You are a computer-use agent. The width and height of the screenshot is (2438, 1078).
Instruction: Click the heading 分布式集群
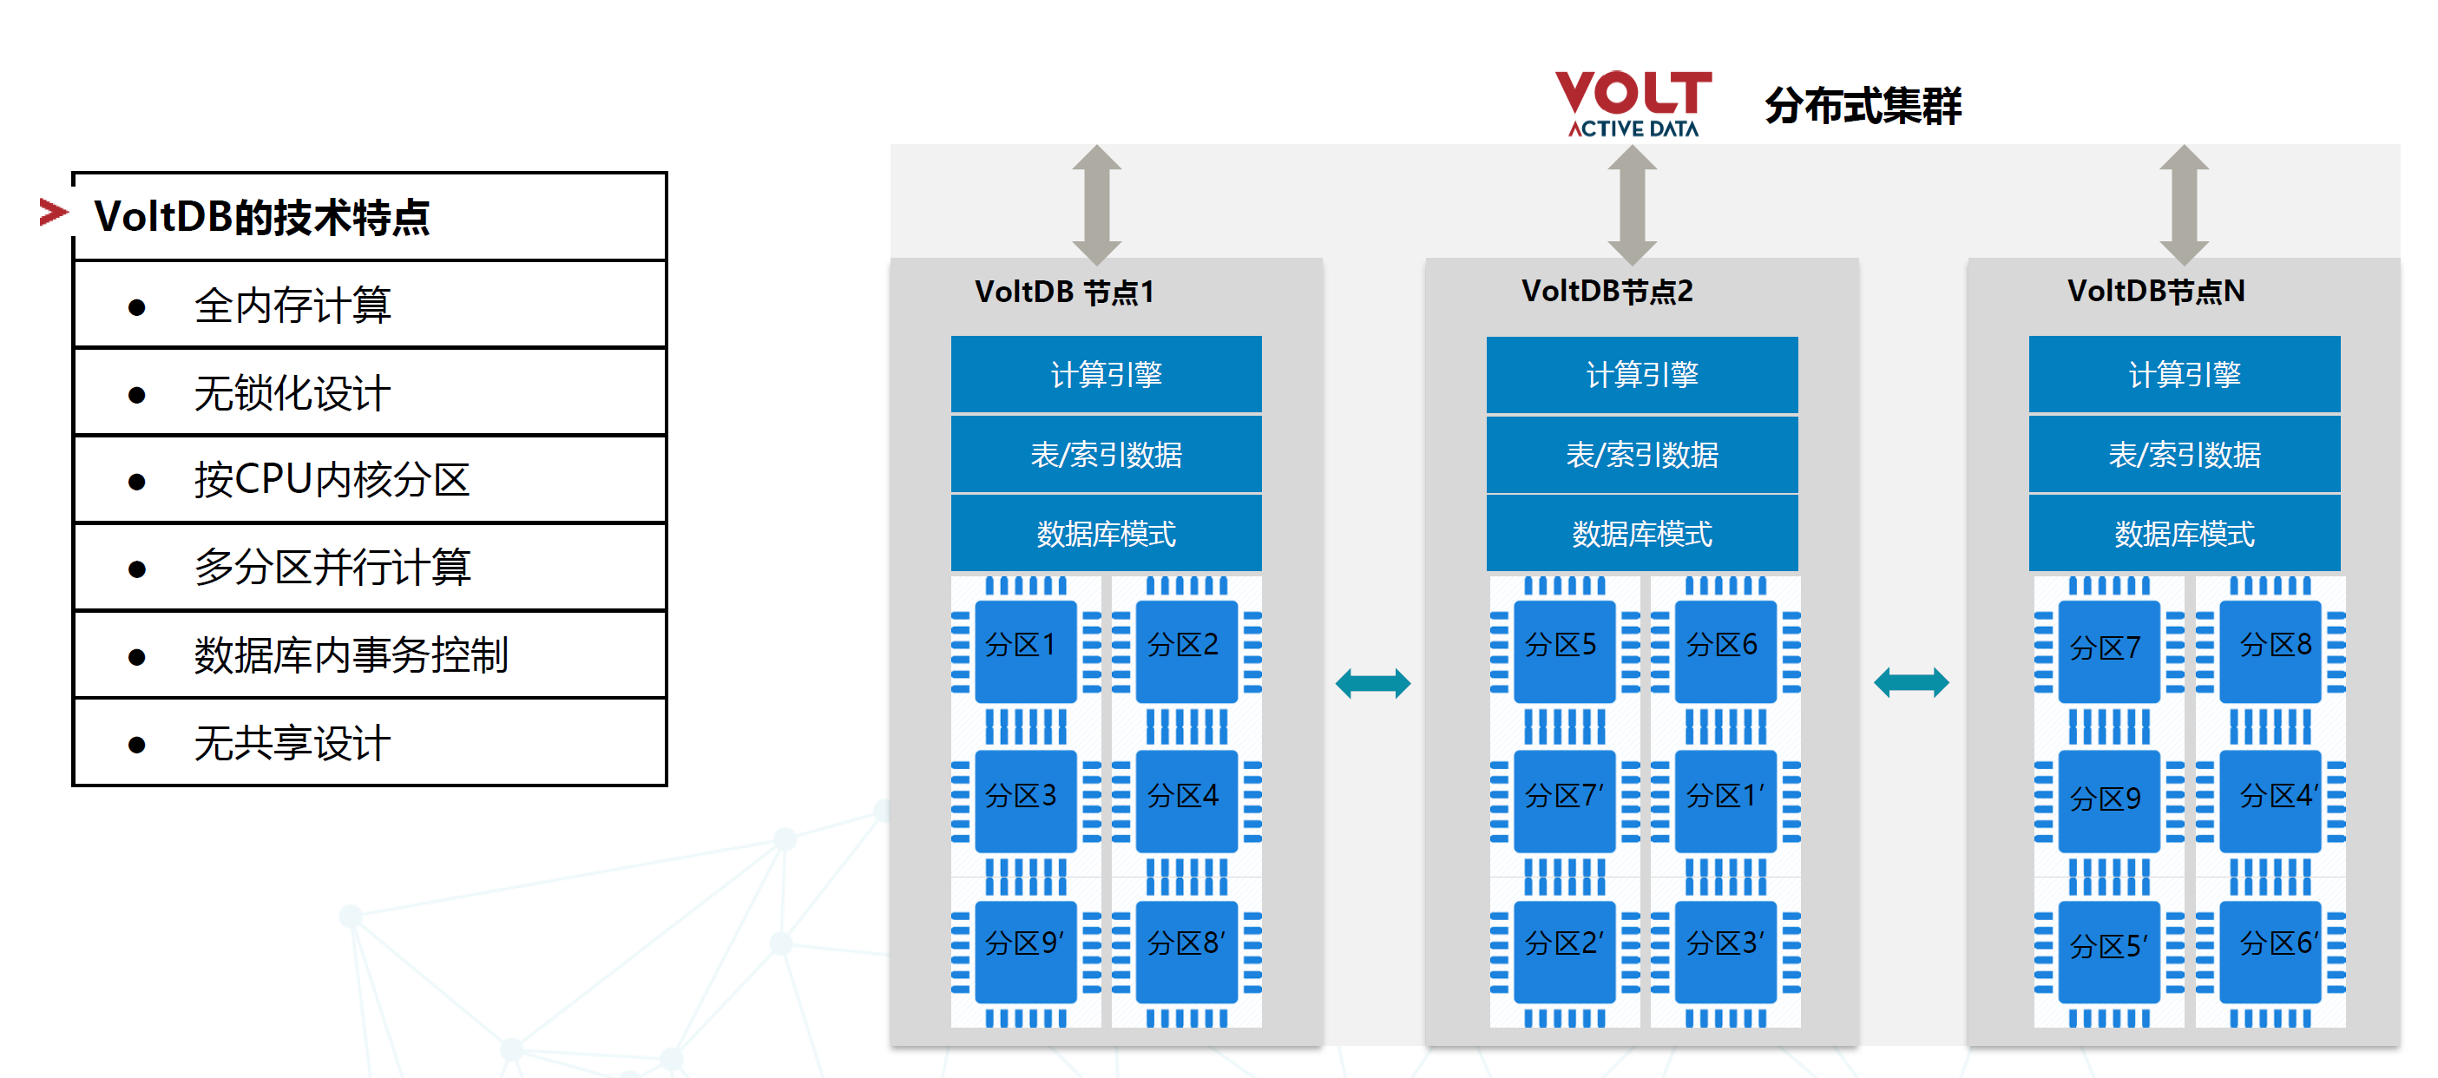[1863, 105]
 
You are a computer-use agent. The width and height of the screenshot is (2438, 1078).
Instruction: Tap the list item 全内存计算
[292, 306]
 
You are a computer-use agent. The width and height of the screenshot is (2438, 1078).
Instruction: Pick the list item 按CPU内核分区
[332, 480]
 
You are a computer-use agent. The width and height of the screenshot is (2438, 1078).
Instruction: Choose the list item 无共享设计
[292, 743]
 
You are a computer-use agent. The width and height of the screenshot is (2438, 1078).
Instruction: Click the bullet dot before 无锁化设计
[137, 395]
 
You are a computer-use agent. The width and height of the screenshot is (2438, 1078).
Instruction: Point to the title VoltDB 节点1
[1065, 292]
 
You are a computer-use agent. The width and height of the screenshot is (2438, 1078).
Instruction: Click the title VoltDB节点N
[2155, 291]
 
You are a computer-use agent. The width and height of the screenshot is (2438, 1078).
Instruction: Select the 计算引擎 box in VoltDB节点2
[1641, 375]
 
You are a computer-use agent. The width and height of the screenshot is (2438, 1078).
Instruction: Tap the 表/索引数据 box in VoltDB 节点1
[1106, 454]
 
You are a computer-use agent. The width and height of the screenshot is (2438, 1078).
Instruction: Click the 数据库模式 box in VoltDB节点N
[2184, 534]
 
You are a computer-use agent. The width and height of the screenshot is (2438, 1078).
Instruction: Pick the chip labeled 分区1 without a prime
[1024, 648]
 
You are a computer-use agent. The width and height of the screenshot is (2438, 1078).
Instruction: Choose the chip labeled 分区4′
[2270, 798]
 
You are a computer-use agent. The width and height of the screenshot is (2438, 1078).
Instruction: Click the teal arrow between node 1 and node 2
[1372, 682]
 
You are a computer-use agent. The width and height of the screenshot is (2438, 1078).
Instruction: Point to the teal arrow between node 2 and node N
[1911, 682]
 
